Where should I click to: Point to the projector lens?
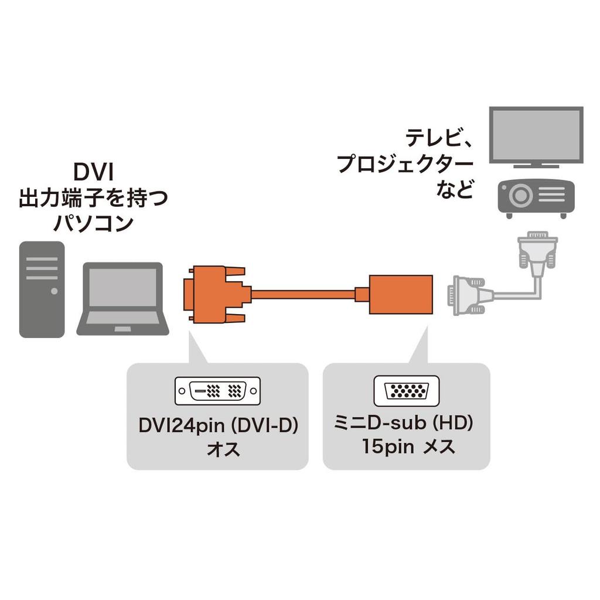click(x=521, y=196)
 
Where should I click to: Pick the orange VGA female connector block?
click(x=401, y=294)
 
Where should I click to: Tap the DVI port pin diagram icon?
click(x=217, y=390)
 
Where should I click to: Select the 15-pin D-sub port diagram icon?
click(x=406, y=390)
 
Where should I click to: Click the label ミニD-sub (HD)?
click(x=406, y=422)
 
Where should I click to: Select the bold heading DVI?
click(x=93, y=173)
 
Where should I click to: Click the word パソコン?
click(x=94, y=223)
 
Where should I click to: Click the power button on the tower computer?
click(x=54, y=291)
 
